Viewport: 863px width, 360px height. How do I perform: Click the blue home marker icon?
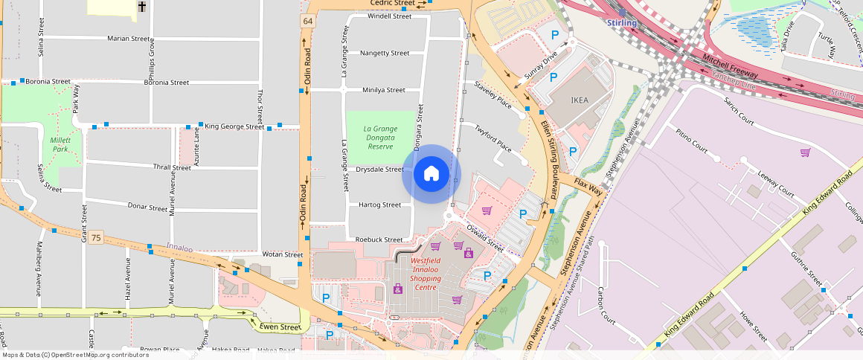[x=431, y=174]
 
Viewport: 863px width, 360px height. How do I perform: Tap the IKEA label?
[x=579, y=100]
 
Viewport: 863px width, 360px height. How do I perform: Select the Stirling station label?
[x=622, y=22]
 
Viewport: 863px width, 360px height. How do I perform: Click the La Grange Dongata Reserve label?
[x=380, y=133]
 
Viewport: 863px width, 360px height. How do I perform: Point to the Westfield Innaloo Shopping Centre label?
[x=426, y=274]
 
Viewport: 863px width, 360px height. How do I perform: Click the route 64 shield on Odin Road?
[x=307, y=21]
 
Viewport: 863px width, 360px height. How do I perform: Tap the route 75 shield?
[x=95, y=238]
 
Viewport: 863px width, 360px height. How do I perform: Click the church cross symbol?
[x=141, y=7]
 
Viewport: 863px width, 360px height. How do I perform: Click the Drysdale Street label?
[x=379, y=169]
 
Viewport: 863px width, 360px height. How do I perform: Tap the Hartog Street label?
[x=379, y=205]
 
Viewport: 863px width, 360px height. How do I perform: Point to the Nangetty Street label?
[x=385, y=53]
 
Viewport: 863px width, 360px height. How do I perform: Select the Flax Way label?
[x=588, y=186]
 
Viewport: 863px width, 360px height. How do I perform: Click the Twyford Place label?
[x=494, y=138]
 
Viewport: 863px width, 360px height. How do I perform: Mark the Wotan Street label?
[x=283, y=254]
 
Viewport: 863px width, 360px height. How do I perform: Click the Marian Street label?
[x=129, y=38]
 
